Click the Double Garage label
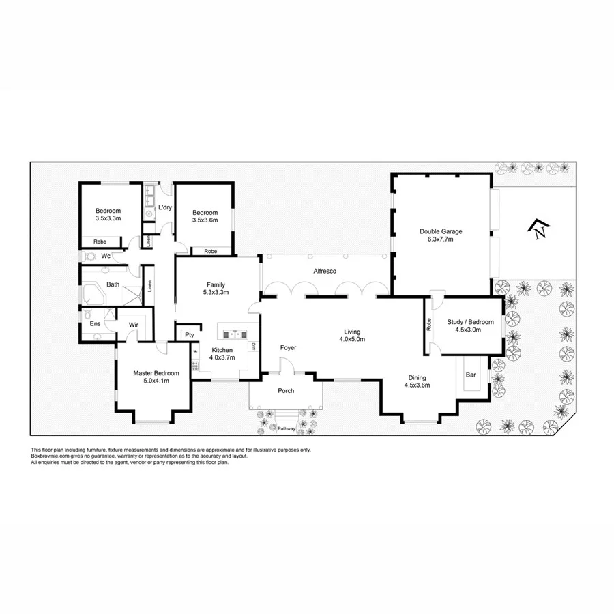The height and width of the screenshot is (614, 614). [441, 232]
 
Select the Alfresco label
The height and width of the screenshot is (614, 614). [325, 271]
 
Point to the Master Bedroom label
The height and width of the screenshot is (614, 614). [156, 373]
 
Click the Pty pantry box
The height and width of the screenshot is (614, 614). [189, 335]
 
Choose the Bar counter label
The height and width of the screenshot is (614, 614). [471, 375]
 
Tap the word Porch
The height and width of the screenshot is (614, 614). [286, 392]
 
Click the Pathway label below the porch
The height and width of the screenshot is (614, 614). [287, 428]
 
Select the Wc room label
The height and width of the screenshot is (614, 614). [106, 256]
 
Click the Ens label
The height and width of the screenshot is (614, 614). [96, 323]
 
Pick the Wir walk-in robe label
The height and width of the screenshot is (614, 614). [133, 324]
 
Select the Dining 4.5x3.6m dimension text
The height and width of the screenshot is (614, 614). [417, 385]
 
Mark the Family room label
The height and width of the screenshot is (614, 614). [216, 284]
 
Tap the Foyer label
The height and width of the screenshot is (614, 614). [289, 348]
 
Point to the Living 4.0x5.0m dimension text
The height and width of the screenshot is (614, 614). [352, 339]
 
